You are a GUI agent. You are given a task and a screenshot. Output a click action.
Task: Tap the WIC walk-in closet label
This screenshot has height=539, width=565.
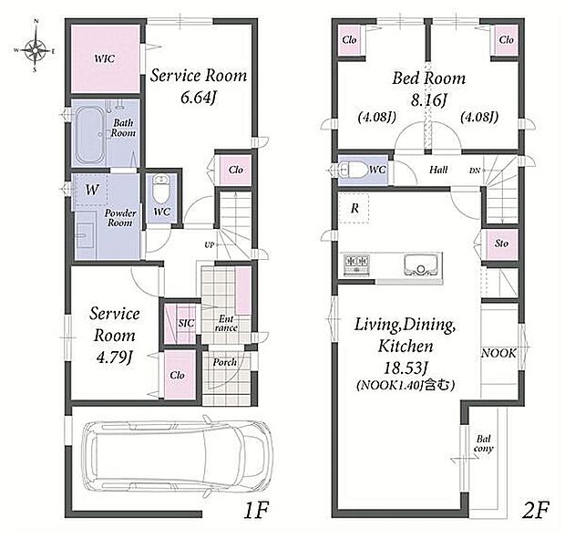click(x=105, y=58)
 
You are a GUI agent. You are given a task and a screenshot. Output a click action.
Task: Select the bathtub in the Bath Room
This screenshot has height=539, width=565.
click(x=89, y=134)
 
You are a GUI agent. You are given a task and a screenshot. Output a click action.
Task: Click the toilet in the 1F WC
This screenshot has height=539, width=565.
click(x=160, y=191)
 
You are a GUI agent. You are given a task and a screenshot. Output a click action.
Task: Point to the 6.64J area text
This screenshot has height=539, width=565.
click(x=198, y=98)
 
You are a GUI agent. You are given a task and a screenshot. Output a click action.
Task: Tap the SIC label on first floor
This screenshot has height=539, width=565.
click(x=186, y=324)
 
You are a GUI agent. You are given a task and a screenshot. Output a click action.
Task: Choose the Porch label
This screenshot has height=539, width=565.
click(x=224, y=362)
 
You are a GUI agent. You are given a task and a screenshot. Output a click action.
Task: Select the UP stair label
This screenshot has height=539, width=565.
click(x=210, y=245)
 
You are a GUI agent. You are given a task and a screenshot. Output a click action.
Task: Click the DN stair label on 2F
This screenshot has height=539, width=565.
click(x=475, y=171)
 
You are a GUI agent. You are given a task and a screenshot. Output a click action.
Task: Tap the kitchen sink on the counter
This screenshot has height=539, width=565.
click(x=420, y=264)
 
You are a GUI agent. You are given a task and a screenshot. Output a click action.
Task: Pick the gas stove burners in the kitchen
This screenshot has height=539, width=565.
click(x=356, y=264)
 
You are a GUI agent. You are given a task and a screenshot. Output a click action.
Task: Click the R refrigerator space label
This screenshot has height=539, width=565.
click(x=354, y=208)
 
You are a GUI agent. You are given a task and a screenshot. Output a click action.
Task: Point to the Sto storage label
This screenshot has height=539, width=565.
click(x=501, y=244)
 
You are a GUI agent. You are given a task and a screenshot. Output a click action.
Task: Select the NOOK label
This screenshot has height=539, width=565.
click(x=498, y=353)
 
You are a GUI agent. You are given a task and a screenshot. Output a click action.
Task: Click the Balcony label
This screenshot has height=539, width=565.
click(x=484, y=443)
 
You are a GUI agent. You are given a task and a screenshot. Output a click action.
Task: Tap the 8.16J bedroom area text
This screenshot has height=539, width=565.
click(x=429, y=100)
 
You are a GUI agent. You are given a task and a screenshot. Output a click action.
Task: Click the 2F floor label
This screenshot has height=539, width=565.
click(x=536, y=510)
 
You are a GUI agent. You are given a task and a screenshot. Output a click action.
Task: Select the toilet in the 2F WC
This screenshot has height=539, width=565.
click(x=354, y=170)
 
